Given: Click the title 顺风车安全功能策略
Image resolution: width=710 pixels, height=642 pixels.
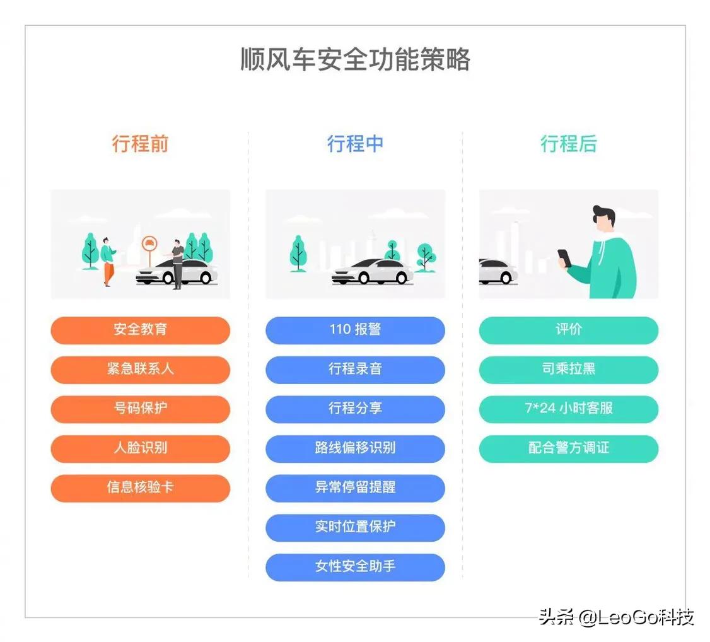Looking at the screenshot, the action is (355, 59).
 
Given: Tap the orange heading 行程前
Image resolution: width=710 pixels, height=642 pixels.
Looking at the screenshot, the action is (141, 144).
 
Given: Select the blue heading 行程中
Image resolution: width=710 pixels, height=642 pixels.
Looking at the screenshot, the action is (355, 144).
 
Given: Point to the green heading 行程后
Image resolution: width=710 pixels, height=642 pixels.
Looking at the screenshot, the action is (569, 144).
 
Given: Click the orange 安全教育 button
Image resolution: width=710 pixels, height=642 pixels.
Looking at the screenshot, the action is (141, 330).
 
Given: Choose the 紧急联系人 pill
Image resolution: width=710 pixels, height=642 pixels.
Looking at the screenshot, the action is (141, 370).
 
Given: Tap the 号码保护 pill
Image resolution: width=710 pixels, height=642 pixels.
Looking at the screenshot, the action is (141, 409).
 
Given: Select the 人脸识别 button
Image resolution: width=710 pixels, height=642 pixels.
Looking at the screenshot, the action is (141, 448).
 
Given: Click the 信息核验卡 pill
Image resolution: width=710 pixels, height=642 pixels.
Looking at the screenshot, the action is (141, 488).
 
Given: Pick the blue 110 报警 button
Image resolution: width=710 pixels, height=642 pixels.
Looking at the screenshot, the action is (355, 330).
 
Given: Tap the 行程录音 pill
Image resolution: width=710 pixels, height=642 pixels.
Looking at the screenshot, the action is (355, 370).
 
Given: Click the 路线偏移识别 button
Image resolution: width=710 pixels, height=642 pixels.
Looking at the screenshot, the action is (355, 448).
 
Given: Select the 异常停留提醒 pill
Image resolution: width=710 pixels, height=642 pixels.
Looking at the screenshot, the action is (355, 488).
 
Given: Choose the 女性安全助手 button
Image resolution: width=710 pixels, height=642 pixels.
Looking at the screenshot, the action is (355, 567).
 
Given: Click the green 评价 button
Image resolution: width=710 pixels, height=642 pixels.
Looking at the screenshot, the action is (569, 330).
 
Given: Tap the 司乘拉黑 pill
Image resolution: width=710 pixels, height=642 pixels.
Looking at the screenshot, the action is (569, 370).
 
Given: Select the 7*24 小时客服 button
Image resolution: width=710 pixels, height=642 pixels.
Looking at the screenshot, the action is (569, 409).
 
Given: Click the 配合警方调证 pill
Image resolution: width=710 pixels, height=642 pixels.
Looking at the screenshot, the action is (569, 448).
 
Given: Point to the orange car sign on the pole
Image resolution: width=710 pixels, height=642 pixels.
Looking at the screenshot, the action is (149, 244).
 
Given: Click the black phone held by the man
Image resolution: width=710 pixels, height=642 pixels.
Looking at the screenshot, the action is (564, 258).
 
